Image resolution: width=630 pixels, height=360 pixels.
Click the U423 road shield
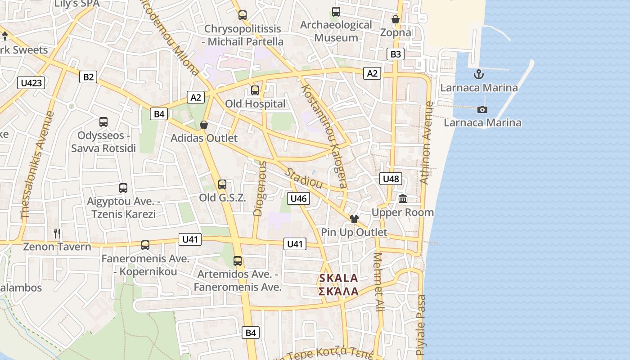coord(31,82)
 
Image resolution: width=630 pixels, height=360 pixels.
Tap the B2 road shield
coord(89,77)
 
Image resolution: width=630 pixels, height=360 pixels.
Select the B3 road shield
coord(396,54)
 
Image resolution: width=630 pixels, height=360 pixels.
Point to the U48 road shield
coord(391,179)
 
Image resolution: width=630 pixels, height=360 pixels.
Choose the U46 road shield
coord(299,198)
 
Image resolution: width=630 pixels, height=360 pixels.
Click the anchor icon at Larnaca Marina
coord(479,74)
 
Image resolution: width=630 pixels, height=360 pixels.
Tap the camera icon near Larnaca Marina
coord(482,109)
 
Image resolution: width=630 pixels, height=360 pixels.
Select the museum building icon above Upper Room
coord(403,198)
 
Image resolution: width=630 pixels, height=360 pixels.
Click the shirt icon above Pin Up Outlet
coord(354,219)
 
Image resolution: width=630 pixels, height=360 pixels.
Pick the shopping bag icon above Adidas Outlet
coord(204,125)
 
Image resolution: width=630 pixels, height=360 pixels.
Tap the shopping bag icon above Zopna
coord(396,19)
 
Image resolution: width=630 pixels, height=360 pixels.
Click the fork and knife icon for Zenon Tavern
coord(57,233)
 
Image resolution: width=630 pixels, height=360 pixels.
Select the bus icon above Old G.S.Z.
coord(222,184)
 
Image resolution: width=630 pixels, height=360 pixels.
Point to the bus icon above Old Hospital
coord(255,90)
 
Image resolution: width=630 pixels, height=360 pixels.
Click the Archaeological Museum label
coord(336,31)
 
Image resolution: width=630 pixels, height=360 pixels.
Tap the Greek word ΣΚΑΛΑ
coord(339,291)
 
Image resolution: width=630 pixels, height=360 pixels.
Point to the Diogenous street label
coord(260,189)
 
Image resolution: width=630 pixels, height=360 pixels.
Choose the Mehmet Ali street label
coord(379,282)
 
